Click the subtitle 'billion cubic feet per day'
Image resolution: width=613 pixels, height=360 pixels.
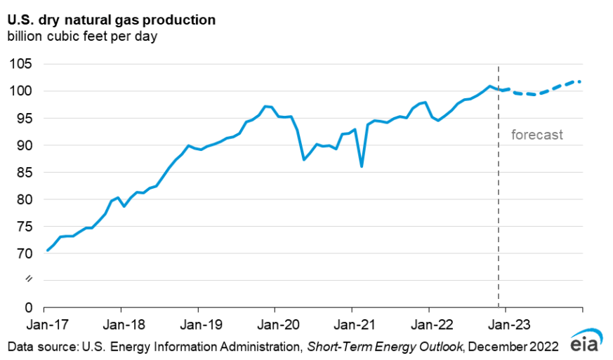coord(82,36)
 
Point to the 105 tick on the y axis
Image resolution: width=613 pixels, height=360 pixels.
coord(22,64)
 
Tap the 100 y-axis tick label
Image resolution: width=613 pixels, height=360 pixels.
coord(22,91)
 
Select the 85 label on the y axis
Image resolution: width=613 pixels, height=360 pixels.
coord(25,172)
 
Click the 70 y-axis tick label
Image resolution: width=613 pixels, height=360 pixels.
coord(25,253)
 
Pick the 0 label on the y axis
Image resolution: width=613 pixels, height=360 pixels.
coord(28,307)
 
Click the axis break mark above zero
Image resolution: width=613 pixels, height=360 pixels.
coord(29,280)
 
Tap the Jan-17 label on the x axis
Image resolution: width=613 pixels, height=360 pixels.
coord(44,325)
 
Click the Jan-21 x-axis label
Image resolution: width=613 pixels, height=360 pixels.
coord(352,325)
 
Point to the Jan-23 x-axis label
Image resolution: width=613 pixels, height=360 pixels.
coord(506,325)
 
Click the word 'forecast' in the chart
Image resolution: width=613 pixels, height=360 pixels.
coord(536,135)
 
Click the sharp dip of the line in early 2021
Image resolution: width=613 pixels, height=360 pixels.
coord(362,166)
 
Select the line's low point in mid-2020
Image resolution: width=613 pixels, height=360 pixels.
coord(304,159)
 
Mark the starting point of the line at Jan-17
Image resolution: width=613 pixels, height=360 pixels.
coord(47,250)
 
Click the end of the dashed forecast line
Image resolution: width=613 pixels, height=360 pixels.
coord(580,81)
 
